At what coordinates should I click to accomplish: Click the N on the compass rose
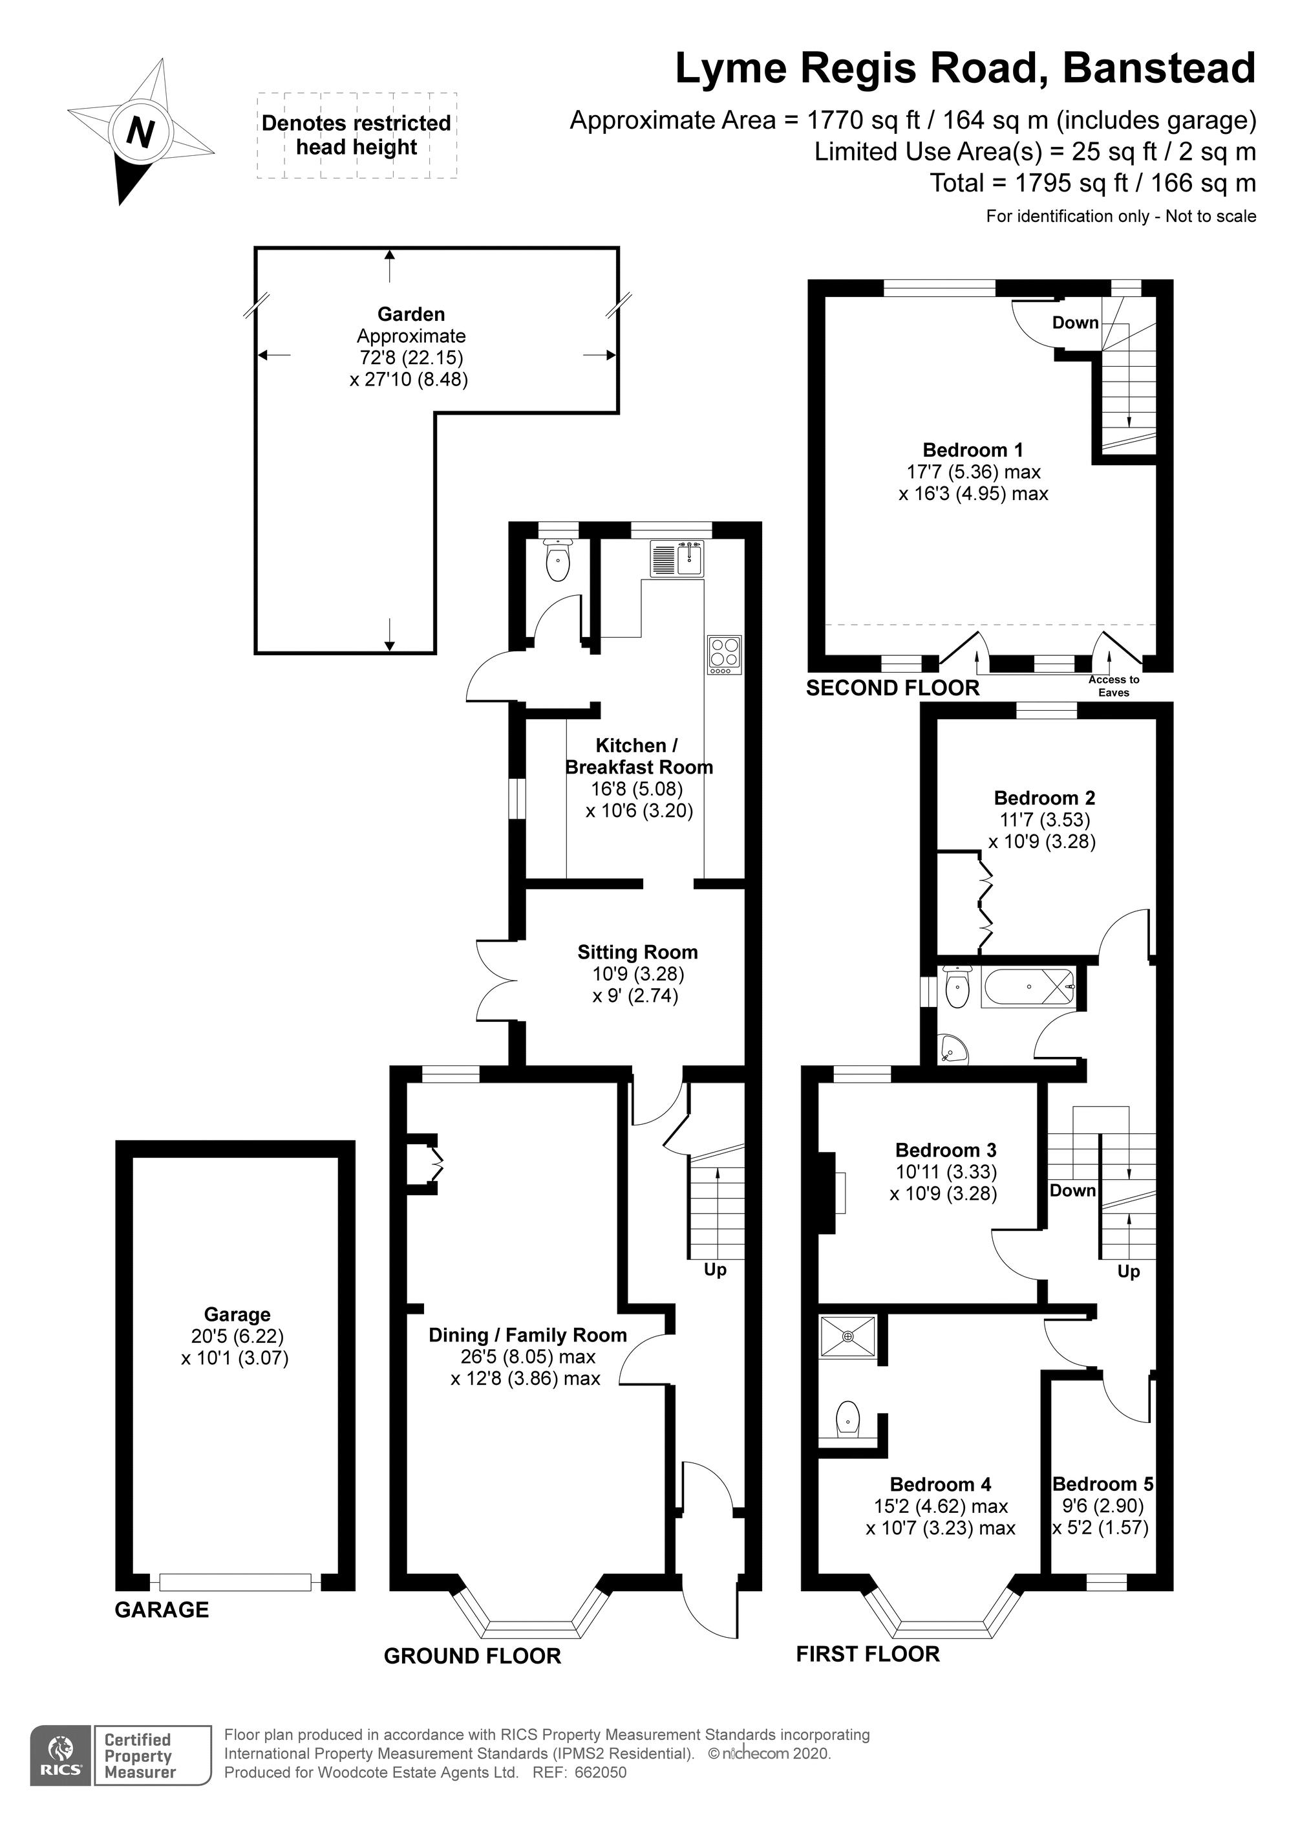[x=140, y=132]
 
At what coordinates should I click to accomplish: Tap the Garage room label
[x=237, y=1315]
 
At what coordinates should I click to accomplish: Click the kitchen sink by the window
[x=676, y=558]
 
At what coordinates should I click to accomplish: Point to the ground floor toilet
[x=559, y=559]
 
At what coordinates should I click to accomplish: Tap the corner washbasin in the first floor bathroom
[x=952, y=1049]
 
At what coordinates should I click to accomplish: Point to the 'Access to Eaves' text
[x=1113, y=686]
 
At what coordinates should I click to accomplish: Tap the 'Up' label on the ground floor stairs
[x=715, y=1270]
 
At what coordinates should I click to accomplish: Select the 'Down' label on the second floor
[x=1076, y=323]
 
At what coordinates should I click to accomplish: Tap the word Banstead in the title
[x=1160, y=69]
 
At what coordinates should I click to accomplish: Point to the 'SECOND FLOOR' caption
[x=893, y=688]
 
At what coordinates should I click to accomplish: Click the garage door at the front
[x=235, y=1583]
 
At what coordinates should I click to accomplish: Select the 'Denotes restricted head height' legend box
[x=357, y=135]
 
